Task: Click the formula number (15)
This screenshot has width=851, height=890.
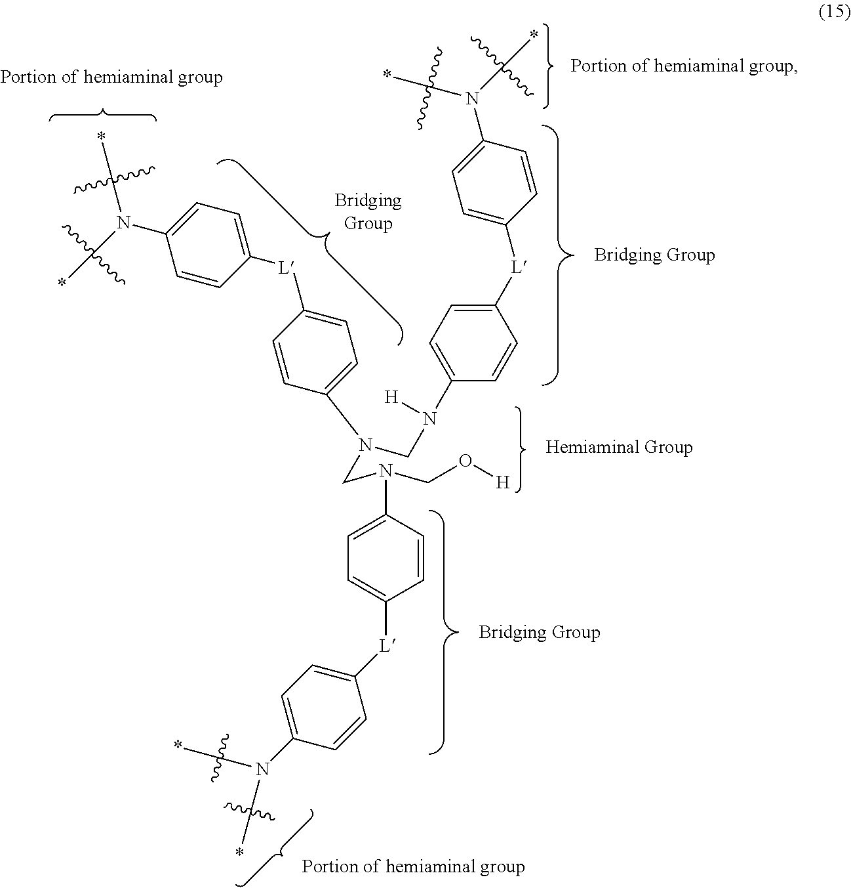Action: click(x=835, y=11)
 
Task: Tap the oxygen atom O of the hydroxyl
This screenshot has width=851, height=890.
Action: click(x=465, y=461)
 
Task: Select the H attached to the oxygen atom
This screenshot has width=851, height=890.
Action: click(x=502, y=482)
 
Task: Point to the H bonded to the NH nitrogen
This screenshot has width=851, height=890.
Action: click(x=391, y=397)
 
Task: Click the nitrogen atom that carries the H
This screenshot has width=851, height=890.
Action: click(x=429, y=419)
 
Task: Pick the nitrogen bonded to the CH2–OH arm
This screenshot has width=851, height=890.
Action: click(x=386, y=470)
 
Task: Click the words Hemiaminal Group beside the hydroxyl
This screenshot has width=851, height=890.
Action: click(x=619, y=447)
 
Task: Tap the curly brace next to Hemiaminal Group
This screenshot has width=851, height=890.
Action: click(x=520, y=450)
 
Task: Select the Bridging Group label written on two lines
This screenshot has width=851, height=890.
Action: click(x=368, y=212)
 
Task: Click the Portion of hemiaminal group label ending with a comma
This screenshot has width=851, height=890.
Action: click(x=684, y=66)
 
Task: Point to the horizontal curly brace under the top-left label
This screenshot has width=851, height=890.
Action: click(x=103, y=115)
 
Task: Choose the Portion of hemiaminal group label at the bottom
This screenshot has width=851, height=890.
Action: click(x=414, y=866)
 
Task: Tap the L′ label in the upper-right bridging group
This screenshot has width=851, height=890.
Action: click(x=519, y=267)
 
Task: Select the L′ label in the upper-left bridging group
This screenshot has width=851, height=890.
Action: click(x=286, y=268)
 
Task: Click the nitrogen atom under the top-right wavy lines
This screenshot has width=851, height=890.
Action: click(x=472, y=98)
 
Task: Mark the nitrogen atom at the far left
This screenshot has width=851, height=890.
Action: click(x=123, y=222)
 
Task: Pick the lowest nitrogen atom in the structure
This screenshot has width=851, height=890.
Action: click(x=262, y=769)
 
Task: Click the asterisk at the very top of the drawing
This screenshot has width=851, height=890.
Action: click(x=534, y=34)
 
